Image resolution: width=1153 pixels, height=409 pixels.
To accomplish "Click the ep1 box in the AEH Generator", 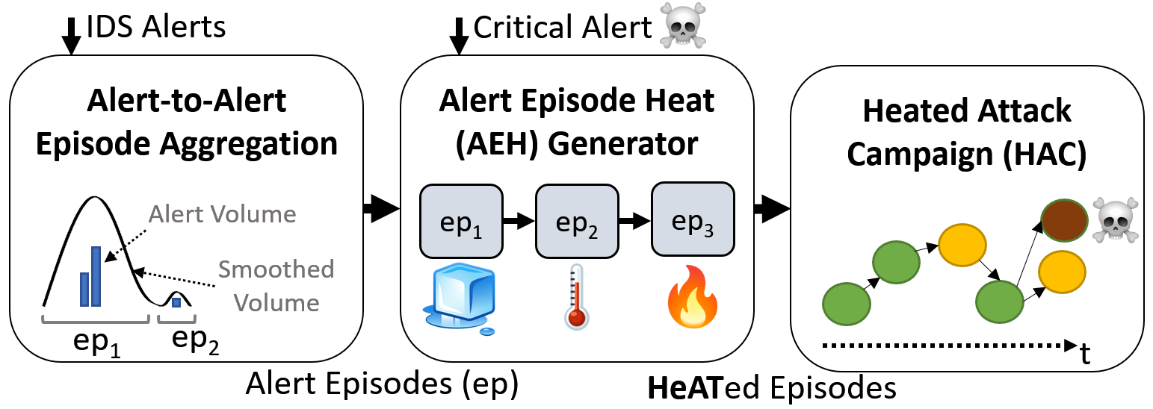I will point(460,222).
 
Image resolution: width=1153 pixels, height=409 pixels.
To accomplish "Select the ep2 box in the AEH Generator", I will point(576,222).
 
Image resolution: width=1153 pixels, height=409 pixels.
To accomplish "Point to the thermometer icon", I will point(575,297).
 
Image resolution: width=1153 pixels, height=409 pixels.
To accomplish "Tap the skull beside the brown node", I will point(1114,219).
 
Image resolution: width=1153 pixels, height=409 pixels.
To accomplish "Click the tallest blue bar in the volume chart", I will point(96,276).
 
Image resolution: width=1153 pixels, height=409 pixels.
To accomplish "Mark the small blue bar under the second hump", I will point(176,302).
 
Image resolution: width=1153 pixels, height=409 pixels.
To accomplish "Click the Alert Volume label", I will point(223,215).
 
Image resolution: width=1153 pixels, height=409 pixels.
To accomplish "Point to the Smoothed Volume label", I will point(276,286).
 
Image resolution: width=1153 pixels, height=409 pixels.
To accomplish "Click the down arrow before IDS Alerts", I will point(71,34).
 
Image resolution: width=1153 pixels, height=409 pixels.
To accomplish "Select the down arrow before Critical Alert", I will point(460,34).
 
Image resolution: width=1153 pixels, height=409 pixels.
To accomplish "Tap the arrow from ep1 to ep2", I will point(519,222).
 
